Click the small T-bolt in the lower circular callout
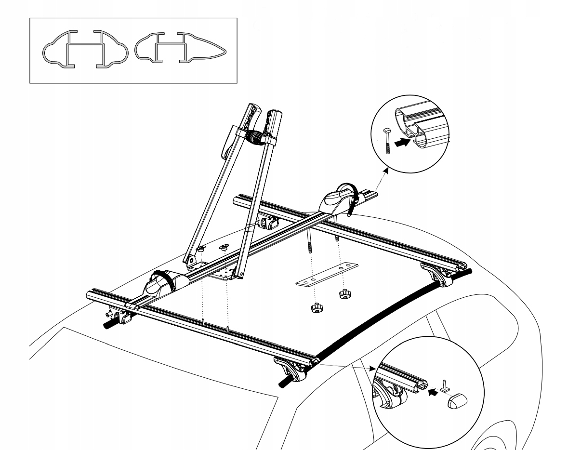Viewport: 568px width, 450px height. [x=446, y=384]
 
